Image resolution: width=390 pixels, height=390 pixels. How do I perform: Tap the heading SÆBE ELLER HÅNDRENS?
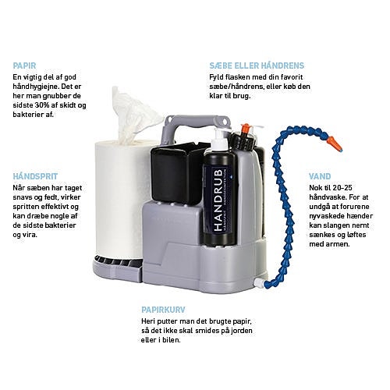pos(256,66)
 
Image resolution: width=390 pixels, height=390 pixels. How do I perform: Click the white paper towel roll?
pos(116,195)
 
